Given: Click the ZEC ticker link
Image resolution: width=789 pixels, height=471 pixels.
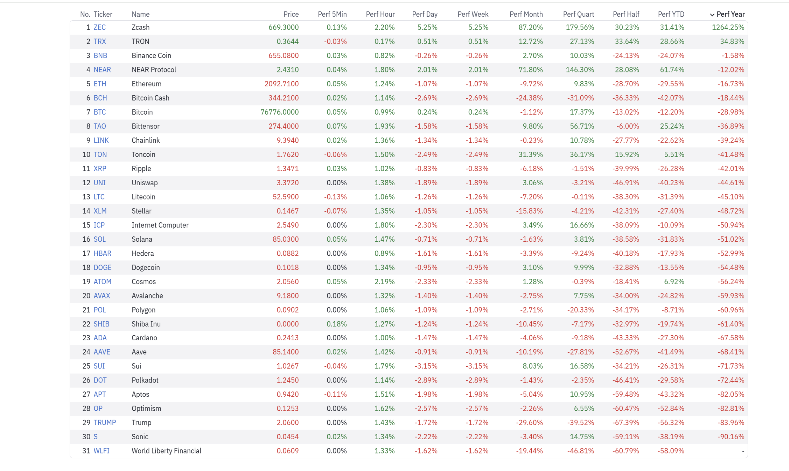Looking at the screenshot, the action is [99, 27].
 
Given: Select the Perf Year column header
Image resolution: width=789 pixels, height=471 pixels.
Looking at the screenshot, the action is [730, 14].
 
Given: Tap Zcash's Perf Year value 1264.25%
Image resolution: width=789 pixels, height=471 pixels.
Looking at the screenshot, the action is [728, 27].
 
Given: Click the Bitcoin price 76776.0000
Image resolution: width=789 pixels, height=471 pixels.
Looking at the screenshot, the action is [279, 112].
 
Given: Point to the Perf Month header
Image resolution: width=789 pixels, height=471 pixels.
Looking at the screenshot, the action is [526, 14].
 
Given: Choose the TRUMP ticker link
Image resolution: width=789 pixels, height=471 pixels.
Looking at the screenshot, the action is [105, 422].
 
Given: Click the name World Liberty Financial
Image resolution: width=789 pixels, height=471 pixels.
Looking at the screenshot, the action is [166, 451].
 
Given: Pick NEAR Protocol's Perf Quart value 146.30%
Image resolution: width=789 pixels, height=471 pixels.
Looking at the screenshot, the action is [580, 69].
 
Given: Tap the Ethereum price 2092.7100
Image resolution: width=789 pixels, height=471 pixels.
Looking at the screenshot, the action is [281, 84].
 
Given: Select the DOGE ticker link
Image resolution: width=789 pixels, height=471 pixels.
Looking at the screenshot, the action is [102, 267].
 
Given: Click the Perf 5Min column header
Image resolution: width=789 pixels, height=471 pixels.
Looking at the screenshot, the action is [332, 14].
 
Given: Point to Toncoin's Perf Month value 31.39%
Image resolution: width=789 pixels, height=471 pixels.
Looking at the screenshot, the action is [530, 154].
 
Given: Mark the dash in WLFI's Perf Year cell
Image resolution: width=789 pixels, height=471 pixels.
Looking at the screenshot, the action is [743, 451].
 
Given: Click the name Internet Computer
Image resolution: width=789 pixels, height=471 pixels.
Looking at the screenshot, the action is [160, 225].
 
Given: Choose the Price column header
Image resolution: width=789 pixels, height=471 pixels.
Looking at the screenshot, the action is [291, 14].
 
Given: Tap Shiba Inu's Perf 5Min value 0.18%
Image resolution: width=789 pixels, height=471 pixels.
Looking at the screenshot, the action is [337, 324].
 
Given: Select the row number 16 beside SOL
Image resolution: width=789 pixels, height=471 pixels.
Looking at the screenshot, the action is [86, 239].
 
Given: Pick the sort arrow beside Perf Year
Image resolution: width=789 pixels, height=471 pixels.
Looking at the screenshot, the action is [712, 14].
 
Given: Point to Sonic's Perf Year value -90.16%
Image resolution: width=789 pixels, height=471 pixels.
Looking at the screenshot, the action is [731, 436].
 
